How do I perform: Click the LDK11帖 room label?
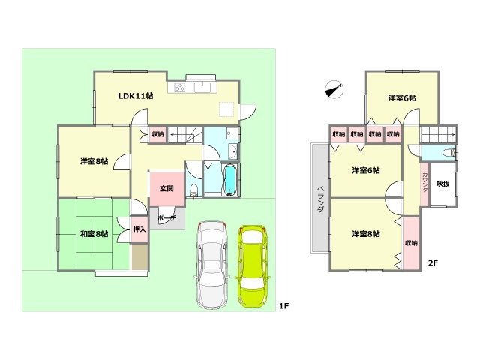click(136, 96)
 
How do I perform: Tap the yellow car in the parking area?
click(253, 266)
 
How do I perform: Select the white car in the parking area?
click(212, 265)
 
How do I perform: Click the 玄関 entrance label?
click(166, 188)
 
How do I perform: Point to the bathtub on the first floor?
click(230, 181)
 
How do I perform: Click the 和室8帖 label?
click(94, 234)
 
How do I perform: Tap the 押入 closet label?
click(139, 229)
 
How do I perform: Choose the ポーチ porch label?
click(166, 218)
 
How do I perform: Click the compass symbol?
click(334, 89)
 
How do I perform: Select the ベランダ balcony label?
click(320, 199)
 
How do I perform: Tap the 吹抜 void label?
click(443, 184)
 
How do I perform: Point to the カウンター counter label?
click(425, 185)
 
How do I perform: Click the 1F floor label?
click(283, 305)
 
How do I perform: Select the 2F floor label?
click(433, 262)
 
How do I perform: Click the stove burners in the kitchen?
click(180, 88)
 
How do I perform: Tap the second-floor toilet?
click(450, 152)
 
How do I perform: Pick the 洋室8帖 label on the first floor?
click(94, 161)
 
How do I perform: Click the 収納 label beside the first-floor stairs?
click(157, 134)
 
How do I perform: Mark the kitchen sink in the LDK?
click(202, 88)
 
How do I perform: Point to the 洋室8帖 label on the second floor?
click(366, 234)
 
